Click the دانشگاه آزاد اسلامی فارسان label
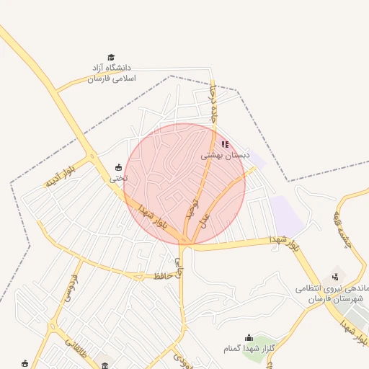(111, 72)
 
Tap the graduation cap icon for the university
(111, 57)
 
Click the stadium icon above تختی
(119, 167)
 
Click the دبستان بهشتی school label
(225, 155)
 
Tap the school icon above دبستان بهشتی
(225, 144)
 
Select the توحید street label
(192, 208)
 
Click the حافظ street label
(161, 275)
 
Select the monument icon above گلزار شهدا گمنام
(249, 337)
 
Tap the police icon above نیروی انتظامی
(335, 276)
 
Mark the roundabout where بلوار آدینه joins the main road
(92, 157)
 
